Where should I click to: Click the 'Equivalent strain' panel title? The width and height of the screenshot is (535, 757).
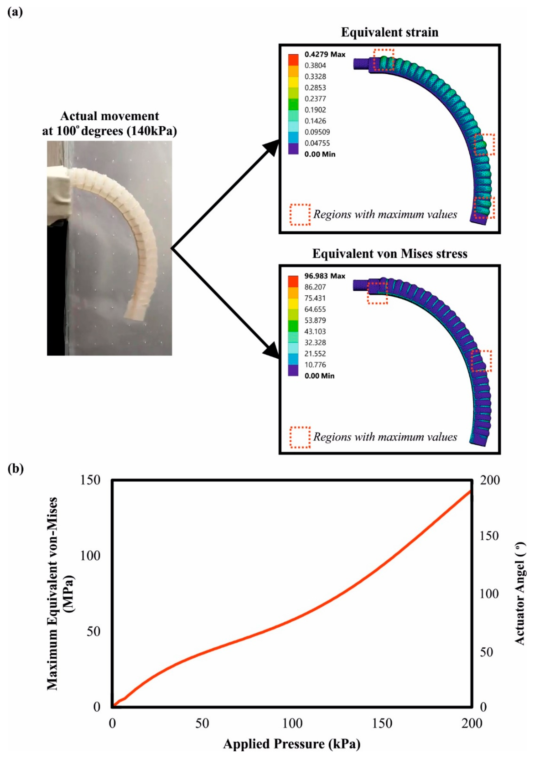(x=390, y=32)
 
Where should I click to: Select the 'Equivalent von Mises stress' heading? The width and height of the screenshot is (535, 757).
(x=390, y=254)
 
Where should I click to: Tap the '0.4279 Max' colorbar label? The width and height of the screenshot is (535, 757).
(x=325, y=54)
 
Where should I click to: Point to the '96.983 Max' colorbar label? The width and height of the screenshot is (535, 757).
(x=325, y=276)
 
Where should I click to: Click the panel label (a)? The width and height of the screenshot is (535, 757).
(x=15, y=12)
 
